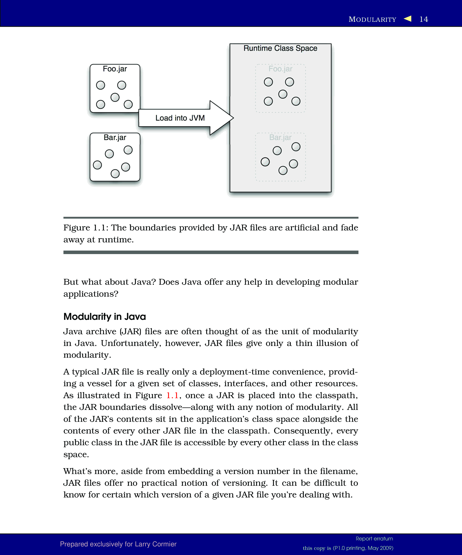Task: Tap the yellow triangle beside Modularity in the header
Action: tap(408, 18)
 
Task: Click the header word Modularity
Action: tap(372, 20)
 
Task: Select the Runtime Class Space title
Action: tap(280, 48)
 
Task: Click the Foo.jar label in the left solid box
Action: tap(115, 69)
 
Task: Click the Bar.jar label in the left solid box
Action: tap(115, 138)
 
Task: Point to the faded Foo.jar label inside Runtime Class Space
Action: tap(280, 69)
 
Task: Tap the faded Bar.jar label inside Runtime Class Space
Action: tap(280, 138)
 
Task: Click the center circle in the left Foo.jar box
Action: tap(115, 97)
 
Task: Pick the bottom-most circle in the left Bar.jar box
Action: tap(115, 174)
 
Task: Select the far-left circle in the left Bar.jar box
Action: tap(97, 165)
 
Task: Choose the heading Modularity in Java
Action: tap(105, 317)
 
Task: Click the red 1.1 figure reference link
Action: tap(172, 395)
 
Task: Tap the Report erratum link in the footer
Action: tap(374, 539)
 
